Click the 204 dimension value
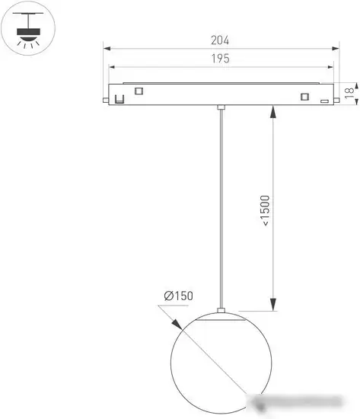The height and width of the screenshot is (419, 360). (x=221, y=40)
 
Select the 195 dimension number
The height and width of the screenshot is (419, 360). (x=221, y=58)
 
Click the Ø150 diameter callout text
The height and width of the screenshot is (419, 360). (x=177, y=296)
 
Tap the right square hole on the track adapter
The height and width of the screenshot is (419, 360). (x=305, y=97)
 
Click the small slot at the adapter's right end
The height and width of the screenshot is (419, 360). (x=324, y=100)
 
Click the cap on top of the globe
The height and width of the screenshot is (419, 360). (x=221, y=310)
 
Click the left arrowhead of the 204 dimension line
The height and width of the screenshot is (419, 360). (x=107, y=50)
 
